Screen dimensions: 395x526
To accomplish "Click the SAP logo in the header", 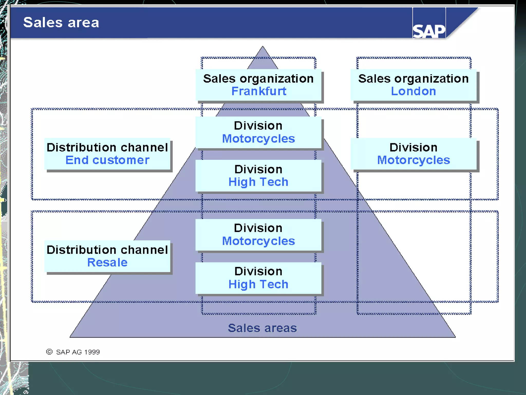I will point(429,31).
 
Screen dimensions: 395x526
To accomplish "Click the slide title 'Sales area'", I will point(61,22).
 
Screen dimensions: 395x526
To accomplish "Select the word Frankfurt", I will point(259,91).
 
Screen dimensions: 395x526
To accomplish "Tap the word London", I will point(413,91).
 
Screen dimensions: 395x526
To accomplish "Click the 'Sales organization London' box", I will point(414,85).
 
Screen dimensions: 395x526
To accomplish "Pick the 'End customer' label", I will point(107,160).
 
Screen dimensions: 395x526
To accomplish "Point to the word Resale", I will point(107,263).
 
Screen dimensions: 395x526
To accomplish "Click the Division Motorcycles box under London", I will point(414,154).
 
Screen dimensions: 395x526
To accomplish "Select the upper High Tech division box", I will point(258,176).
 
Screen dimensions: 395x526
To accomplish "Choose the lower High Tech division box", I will point(258,278).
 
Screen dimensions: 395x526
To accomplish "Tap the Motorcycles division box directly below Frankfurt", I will point(258,132).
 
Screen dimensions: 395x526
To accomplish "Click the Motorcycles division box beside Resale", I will point(258,235).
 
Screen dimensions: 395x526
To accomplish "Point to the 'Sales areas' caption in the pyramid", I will point(262,328).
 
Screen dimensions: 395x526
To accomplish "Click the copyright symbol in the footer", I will point(49,352).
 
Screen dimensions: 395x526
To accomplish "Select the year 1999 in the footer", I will point(92,352).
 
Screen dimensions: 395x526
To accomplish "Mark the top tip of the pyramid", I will point(262,47).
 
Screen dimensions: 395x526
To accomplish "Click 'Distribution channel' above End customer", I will point(107,148).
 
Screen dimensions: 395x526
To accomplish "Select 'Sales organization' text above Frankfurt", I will point(258,79).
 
